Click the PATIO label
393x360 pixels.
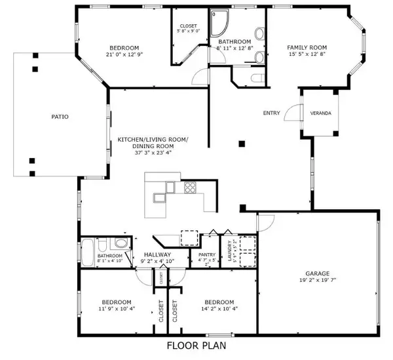(60, 117)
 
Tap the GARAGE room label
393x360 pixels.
(316, 273)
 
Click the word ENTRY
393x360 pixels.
(271, 113)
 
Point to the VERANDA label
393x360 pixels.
(320, 113)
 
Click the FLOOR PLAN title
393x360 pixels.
(196, 344)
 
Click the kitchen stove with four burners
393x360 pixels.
(191, 188)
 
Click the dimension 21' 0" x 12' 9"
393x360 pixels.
(124, 55)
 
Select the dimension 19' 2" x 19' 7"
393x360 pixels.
(316, 281)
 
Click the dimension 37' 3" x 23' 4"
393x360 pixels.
(152, 147)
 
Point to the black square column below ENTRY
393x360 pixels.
(242, 143)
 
